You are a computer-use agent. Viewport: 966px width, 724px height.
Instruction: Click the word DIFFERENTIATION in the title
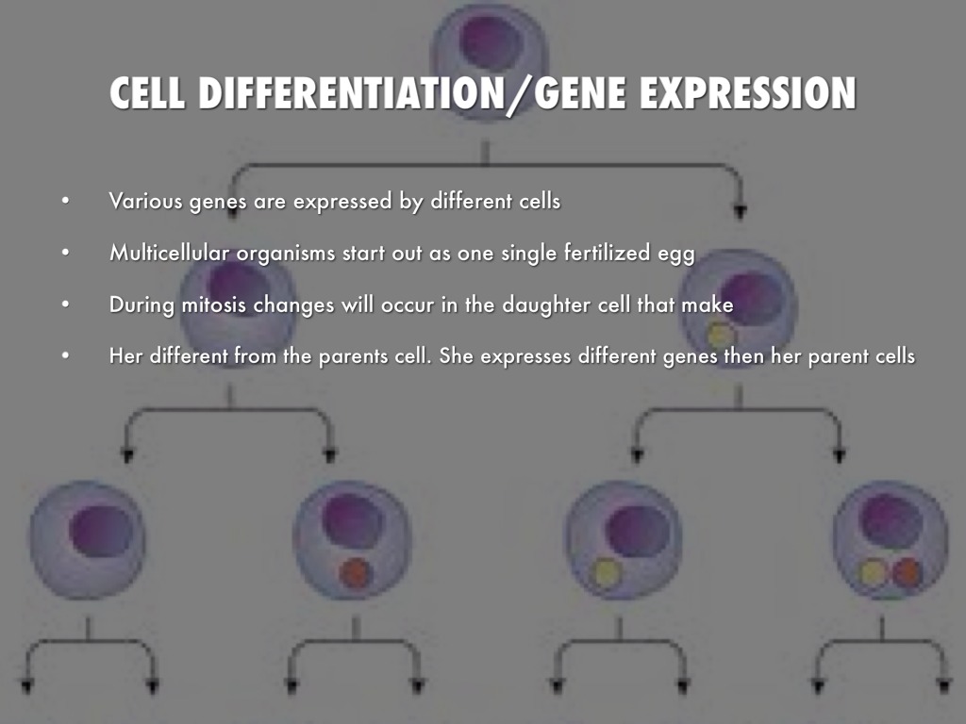352,92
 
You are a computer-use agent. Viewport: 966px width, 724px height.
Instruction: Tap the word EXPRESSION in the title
747,92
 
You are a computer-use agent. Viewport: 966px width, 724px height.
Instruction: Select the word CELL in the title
146,92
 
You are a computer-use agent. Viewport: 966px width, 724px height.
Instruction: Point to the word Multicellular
170,253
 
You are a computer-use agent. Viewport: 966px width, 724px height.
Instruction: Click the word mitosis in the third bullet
214,304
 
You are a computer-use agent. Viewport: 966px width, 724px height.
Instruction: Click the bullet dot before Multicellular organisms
65,253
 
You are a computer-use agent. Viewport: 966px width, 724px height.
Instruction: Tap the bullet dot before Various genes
65,202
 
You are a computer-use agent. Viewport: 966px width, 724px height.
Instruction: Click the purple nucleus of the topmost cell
491,41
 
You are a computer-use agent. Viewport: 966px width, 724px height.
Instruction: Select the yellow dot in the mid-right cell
721,336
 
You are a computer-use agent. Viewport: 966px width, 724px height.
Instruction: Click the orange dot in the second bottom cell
356,573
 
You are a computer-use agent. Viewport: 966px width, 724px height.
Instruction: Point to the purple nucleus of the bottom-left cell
101,532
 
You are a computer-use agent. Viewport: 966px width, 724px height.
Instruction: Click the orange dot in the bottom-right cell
907,572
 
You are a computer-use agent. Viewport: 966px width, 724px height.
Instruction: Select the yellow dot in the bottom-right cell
874,572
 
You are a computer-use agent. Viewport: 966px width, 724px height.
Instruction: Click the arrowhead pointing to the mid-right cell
740,212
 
